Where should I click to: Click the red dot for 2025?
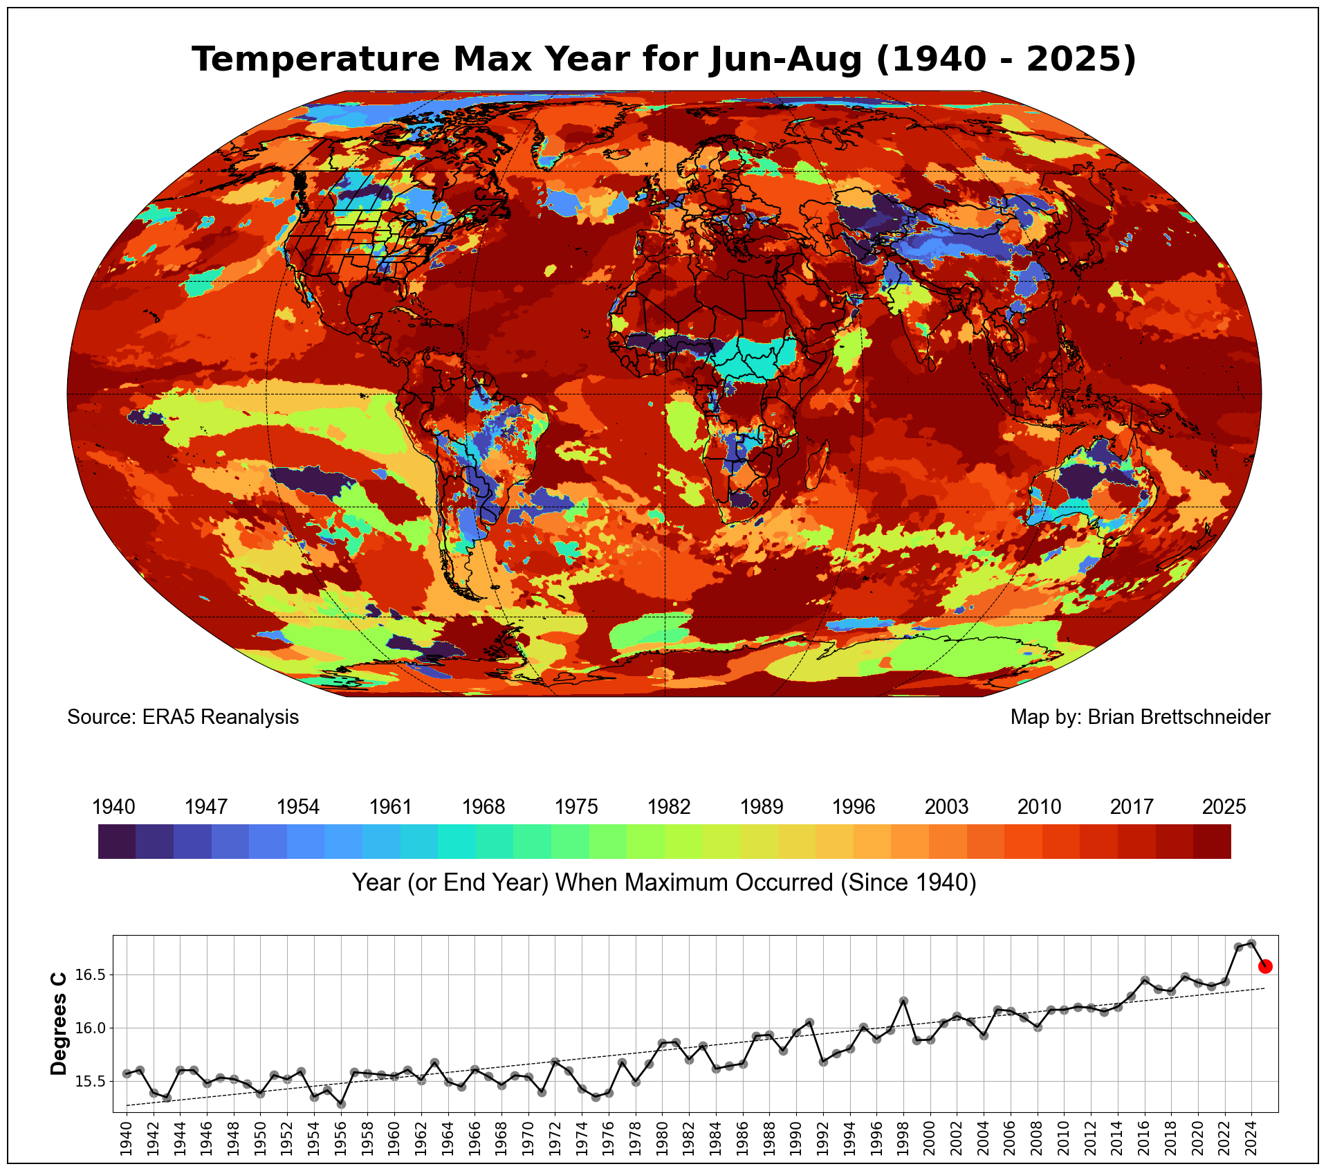coord(1265,967)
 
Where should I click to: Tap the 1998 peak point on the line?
coord(903,1001)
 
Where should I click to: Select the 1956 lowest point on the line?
coord(341,1104)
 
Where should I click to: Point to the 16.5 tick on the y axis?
coord(89,975)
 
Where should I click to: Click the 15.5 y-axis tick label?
coord(89,1081)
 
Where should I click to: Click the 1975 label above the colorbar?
coord(576,807)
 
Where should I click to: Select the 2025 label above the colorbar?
coord(1224,807)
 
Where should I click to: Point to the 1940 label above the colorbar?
coord(114,807)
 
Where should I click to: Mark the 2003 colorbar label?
coord(946,807)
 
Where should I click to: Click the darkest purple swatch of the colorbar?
coord(117,842)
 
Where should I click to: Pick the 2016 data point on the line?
coord(1145,980)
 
